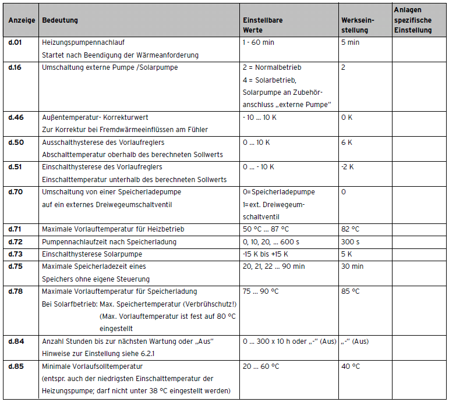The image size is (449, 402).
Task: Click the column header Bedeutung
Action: coord(60,20)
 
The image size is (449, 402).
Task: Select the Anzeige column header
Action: coord(22,20)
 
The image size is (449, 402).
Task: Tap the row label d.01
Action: coord(15,42)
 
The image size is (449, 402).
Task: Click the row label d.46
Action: coord(16,117)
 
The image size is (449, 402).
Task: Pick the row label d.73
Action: coord(16,254)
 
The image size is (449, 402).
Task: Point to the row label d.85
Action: coord(16,367)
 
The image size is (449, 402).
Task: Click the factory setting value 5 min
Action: coord(350,42)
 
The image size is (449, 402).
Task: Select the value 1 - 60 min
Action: coord(258,42)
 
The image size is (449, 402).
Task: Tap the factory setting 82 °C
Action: coord(351,229)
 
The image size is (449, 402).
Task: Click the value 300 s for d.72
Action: coord(350,241)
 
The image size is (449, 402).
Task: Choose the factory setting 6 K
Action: coord(347,142)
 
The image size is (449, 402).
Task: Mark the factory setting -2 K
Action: coord(348,167)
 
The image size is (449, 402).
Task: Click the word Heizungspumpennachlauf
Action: coord(83,42)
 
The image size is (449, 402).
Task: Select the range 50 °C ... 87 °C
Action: coord(266,229)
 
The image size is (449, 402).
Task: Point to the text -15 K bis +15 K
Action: coord(265,254)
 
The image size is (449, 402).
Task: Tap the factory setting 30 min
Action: coord(352,266)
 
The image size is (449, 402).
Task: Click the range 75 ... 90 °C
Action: coord(260,291)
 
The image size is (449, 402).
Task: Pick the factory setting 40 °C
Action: coord(351,367)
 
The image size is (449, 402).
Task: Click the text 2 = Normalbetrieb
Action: coord(272,67)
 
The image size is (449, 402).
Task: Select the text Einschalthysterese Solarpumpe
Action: coord(92,254)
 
